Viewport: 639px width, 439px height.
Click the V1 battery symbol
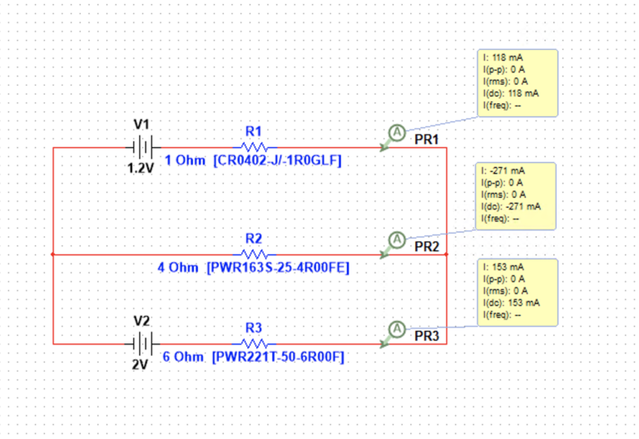(142, 147)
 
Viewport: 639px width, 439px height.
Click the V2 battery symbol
(141, 344)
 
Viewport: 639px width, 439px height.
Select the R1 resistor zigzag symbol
(255, 146)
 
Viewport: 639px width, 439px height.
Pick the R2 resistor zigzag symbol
(255, 254)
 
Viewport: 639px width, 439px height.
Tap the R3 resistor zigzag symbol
(255, 343)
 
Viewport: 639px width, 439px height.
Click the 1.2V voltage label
(141, 168)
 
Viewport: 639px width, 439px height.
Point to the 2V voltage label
(140, 364)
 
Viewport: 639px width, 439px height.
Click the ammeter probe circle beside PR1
(397, 132)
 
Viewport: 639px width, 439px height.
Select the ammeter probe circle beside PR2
(397, 239)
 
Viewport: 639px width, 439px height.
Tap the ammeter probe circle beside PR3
(397, 329)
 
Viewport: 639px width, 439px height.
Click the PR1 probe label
(427, 140)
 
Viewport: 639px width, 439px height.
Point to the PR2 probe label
(427, 247)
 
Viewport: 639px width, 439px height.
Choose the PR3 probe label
(427, 337)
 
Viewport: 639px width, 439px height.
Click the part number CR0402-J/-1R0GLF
(277, 160)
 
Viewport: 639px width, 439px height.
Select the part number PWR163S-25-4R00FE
(278, 268)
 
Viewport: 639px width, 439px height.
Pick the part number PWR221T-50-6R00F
(278, 358)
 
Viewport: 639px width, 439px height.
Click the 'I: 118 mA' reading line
(503, 58)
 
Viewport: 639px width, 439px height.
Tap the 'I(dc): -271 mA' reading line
(511, 206)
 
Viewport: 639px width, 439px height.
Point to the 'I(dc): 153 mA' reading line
(512, 303)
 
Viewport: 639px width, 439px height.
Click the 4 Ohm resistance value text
(178, 268)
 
